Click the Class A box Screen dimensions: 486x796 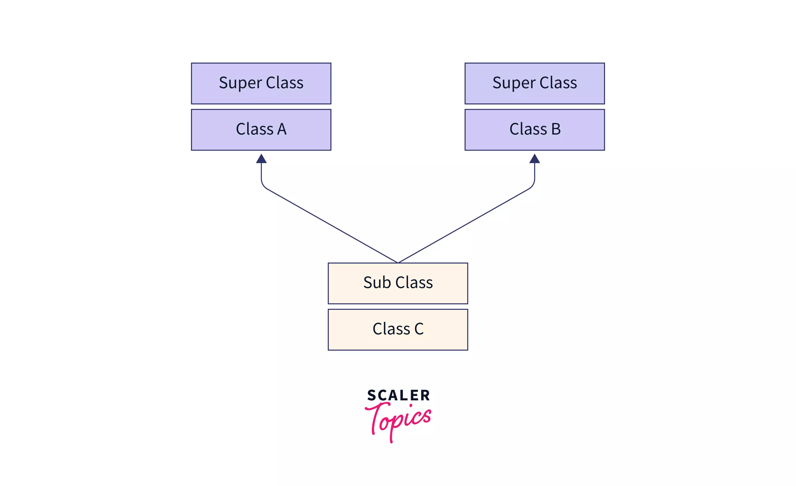point(261,130)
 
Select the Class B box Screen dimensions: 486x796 point(535,130)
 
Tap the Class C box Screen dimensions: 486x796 point(398,330)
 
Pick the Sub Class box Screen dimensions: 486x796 point(398,283)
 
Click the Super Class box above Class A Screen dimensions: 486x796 point(261,83)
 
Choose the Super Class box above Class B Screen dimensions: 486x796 point(535,83)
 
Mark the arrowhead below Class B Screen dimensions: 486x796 point(535,159)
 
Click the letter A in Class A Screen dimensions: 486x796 point(282,129)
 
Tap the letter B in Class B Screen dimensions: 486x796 point(556,129)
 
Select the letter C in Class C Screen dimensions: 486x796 point(419,329)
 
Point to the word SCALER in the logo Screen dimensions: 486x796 point(398,395)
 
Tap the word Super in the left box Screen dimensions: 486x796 point(240,83)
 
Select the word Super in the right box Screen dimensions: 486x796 point(514,83)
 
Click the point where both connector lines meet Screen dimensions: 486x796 point(398,262)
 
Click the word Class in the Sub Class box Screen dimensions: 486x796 point(414,283)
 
